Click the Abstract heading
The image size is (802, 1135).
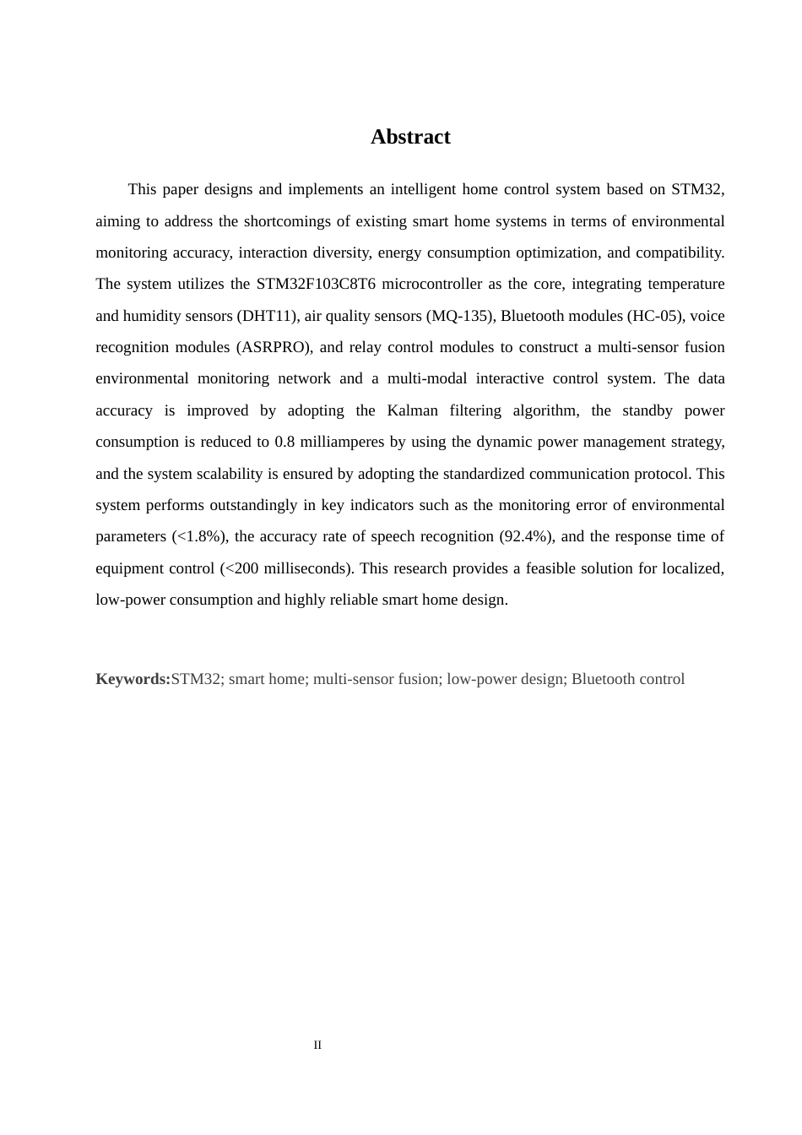click(410, 137)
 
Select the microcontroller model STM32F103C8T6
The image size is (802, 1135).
click(316, 284)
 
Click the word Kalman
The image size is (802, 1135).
click(412, 410)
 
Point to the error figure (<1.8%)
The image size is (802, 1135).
click(199, 536)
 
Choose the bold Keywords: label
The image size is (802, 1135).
click(133, 679)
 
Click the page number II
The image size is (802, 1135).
click(317, 1045)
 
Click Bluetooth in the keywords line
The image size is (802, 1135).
click(605, 679)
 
